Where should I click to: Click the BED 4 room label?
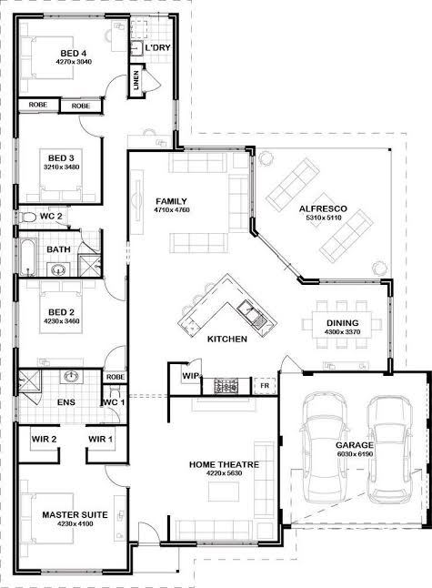(74, 54)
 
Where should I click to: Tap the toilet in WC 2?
(27, 218)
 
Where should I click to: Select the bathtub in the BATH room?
(27, 258)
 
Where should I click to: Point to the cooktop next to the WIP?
(226, 386)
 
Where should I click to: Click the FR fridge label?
(265, 385)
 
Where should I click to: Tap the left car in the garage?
(325, 448)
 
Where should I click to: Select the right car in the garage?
(389, 450)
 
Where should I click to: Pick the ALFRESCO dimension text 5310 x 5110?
(324, 218)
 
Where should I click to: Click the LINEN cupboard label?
(136, 80)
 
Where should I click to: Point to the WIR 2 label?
(44, 439)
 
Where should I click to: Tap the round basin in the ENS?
(71, 377)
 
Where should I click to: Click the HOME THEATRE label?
(224, 464)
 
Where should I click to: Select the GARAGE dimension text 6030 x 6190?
(355, 454)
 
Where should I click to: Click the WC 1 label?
(115, 402)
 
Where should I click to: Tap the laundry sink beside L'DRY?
(136, 49)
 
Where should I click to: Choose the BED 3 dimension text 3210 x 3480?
(62, 167)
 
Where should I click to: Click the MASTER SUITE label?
(75, 515)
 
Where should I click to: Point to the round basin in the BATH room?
(58, 269)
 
